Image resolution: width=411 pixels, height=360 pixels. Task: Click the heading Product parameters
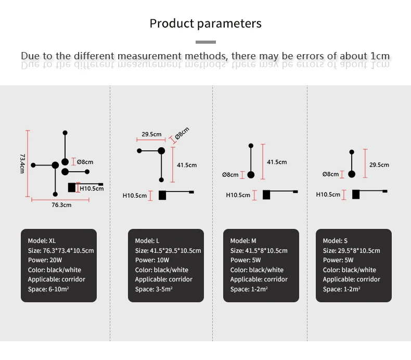(205, 24)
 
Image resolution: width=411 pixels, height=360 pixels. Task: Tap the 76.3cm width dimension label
(61, 205)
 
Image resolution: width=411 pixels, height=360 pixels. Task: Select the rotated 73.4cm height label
(22, 163)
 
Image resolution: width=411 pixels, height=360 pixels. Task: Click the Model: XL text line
(42, 241)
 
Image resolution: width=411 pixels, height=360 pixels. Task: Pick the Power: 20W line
(45, 260)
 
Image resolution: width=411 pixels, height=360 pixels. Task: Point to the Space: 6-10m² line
(48, 289)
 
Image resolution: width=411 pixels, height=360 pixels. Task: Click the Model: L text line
(147, 241)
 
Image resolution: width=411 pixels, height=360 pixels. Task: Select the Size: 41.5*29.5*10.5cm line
(168, 251)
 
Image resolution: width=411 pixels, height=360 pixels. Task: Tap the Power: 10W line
(152, 260)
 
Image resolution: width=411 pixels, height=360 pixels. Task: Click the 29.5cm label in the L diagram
(151, 134)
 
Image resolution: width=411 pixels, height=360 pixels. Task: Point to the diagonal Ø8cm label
(182, 133)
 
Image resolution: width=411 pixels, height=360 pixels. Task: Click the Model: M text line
(243, 241)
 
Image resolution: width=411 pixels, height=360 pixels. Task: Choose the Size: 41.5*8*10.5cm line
(259, 251)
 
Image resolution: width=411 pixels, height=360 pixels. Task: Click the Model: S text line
(335, 241)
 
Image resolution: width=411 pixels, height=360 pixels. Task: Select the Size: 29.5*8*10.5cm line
(351, 251)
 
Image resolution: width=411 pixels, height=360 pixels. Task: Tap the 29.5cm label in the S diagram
(379, 165)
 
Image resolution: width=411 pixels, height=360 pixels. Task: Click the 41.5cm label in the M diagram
(277, 162)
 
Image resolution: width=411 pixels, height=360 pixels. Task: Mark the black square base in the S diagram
(356, 194)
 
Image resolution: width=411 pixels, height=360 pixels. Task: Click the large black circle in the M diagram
(251, 175)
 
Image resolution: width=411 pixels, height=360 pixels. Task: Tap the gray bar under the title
(206, 42)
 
